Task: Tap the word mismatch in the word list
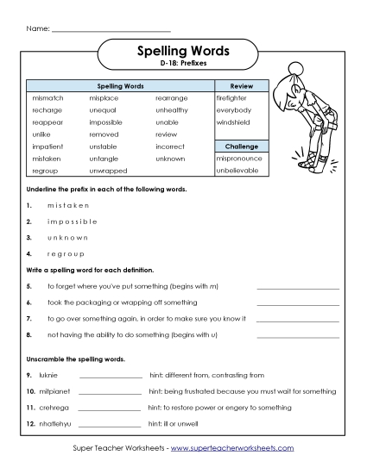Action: (47, 99)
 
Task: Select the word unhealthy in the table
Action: (172, 110)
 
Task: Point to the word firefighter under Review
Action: (232, 99)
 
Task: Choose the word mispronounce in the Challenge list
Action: (238, 159)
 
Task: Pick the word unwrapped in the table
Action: (108, 171)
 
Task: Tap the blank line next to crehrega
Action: (110, 409)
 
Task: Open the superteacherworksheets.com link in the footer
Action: (232, 448)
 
